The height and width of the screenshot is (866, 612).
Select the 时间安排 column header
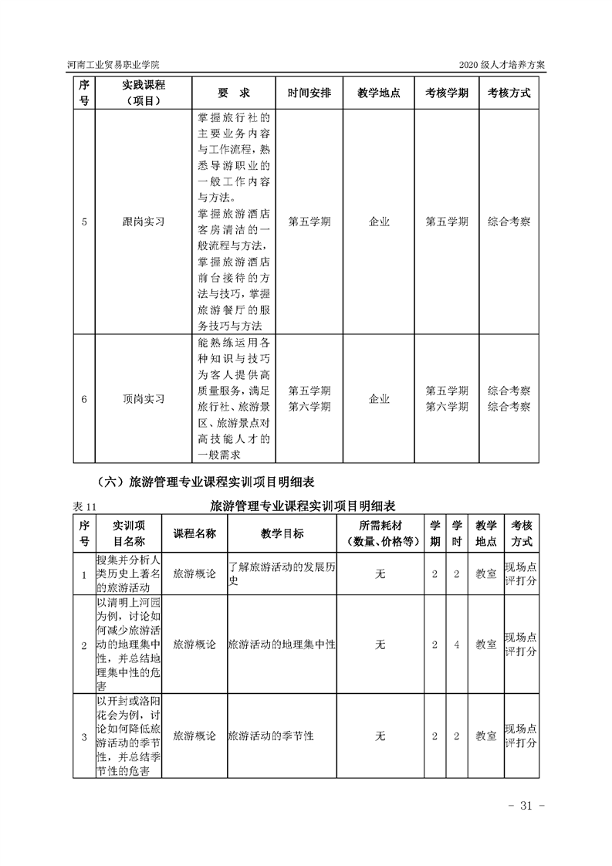309,93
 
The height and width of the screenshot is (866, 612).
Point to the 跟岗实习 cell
144,222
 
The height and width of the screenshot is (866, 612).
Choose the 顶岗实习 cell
144,399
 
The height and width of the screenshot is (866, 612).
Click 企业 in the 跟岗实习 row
379,222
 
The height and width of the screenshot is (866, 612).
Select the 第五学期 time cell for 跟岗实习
309,222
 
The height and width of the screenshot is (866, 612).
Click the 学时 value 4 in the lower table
457,644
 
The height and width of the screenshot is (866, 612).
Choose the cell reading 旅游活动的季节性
272,736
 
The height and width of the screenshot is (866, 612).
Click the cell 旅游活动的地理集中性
282,644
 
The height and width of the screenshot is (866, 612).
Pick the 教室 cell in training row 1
485,574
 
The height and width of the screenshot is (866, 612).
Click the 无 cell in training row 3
379,736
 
